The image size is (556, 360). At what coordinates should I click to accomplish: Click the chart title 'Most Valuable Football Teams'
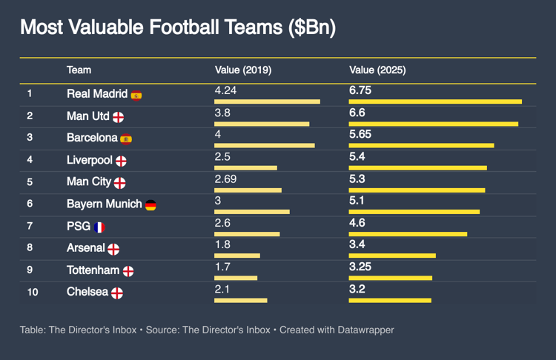177,28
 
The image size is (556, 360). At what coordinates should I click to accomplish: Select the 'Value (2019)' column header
242,70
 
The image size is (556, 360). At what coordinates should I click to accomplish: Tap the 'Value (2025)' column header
377,70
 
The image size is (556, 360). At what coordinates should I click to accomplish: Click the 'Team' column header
79,70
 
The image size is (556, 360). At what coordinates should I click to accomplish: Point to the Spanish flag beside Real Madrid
136,95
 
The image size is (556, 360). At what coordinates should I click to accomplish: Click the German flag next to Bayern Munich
150,205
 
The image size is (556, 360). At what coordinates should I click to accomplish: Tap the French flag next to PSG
100,227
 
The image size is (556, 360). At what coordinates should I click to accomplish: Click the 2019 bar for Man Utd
262,124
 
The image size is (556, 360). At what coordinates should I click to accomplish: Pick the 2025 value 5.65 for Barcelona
360,134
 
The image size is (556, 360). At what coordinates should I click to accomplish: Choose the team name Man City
89,182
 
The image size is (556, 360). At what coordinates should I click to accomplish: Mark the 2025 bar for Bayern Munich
414,212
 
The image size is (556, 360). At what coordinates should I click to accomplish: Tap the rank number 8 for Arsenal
30,249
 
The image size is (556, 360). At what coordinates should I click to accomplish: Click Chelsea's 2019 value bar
240,300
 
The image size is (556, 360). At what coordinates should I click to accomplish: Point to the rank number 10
33,293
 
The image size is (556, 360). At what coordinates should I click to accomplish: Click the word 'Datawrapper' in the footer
368,330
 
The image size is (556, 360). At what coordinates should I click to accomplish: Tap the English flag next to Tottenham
128,271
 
